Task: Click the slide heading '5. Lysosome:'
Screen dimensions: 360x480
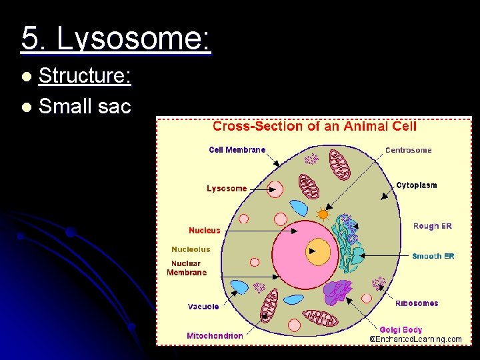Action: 115,39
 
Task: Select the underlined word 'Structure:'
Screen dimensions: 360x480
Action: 85,77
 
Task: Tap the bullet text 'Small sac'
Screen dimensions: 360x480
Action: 85,105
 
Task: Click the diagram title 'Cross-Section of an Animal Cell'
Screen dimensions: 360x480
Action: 314,126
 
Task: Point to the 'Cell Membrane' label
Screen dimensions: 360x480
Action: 237,150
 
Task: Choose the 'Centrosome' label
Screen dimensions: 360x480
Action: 408,150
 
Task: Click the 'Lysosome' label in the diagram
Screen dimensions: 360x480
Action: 227,189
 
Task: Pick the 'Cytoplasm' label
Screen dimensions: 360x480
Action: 416,185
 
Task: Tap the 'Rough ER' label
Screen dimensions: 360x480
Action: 432,226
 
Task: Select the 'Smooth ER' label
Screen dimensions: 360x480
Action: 433,256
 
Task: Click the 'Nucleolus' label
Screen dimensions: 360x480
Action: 191,249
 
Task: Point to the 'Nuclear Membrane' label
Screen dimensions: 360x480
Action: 187,268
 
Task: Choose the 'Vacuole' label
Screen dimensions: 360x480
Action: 203,307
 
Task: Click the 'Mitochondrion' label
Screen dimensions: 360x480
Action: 215,336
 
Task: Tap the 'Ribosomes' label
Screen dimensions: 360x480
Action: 417,303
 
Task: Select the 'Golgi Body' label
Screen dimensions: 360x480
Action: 401,329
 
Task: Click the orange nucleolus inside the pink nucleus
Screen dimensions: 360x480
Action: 319,251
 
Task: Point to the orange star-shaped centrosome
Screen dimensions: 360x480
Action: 323,215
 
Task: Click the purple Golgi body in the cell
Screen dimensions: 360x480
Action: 339,292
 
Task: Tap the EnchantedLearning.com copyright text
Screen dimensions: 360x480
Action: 415,339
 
